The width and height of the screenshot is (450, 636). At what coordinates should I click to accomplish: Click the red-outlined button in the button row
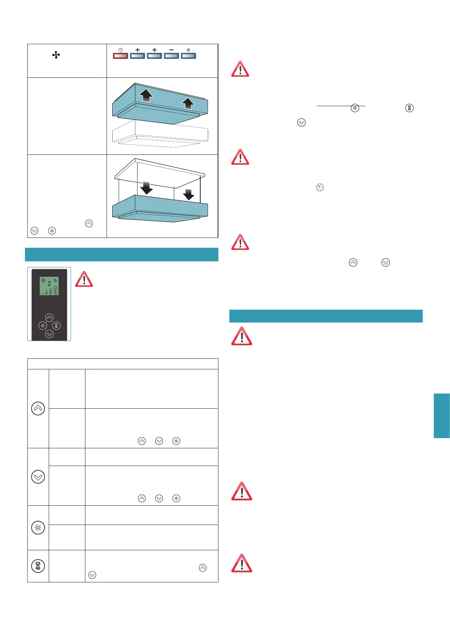(x=121, y=56)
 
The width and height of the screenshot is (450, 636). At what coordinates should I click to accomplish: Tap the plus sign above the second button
(x=138, y=50)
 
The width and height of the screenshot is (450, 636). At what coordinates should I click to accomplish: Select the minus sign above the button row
(x=172, y=50)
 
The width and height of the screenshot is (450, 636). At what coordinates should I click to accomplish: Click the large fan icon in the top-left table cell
(x=56, y=56)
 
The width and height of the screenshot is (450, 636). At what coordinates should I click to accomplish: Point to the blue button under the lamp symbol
(x=189, y=56)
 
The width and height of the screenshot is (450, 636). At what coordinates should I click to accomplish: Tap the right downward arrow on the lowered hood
(x=188, y=194)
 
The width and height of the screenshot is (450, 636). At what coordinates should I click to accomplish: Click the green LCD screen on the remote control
(x=49, y=286)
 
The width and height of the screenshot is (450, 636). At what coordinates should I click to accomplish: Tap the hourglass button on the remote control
(x=56, y=326)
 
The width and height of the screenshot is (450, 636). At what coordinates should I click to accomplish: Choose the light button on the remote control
(x=43, y=326)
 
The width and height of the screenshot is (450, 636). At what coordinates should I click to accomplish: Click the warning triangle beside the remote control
(x=84, y=279)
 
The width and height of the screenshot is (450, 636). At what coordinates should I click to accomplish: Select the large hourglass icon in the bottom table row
(x=38, y=566)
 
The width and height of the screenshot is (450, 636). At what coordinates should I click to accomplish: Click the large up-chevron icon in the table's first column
(x=38, y=408)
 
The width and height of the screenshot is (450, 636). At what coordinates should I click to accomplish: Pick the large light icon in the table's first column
(x=38, y=528)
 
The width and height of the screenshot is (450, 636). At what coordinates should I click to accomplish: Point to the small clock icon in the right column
(x=320, y=187)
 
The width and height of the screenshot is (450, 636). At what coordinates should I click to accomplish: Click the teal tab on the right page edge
(x=442, y=415)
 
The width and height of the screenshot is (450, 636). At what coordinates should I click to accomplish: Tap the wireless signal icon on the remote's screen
(x=55, y=281)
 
